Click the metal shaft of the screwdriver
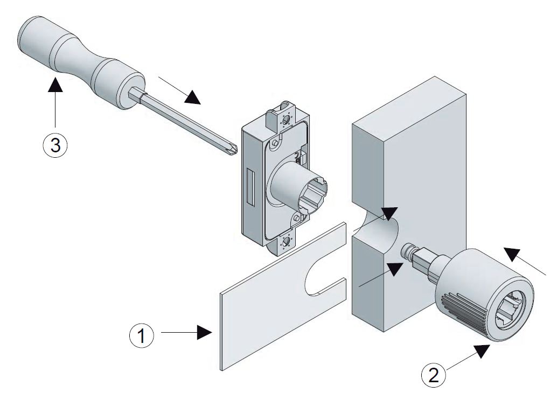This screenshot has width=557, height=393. coord(178,122)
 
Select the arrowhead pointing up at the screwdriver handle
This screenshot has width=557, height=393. coord(55,85)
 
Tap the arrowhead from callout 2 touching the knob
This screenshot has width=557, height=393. coord(481,351)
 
